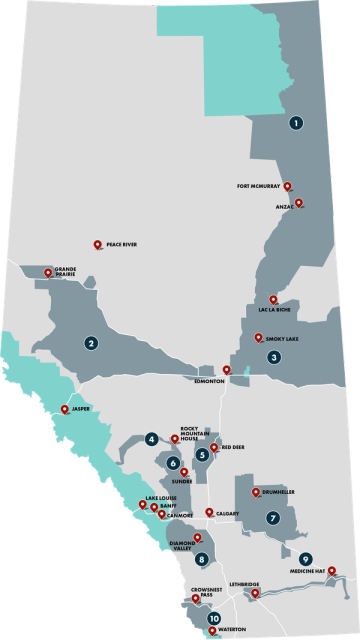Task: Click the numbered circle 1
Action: pyautogui.click(x=296, y=123)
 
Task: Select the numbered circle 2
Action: pyautogui.click(x=91, y=343)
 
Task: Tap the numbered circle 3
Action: pyautogui.click(x=273, y=356)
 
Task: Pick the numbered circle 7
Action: pyautogui.click(x=272, y=518)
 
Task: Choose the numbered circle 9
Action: pyautogui.click(x=305, y=558)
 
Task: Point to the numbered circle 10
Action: pyautogui.click(x=213, y=620)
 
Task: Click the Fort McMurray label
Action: pyautogui.click(x=258, y=185)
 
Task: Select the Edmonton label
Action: pyautogui.click(x=210, y=380)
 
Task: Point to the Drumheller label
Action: pyautogui.click(x=281, y=492)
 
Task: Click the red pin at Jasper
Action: pyautogui.click(x=66, y=408)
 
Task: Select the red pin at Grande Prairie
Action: pyautogui.click(x=47, y=272)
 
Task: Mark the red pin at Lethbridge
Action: pyautogui.click(x=255, y=594)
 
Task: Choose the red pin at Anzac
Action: pyautogui.click(x=298, y=202)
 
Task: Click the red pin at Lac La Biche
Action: pyautogui.click(x=273, y=297)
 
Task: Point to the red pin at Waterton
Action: pyautogui.click(x=211, y=630)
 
